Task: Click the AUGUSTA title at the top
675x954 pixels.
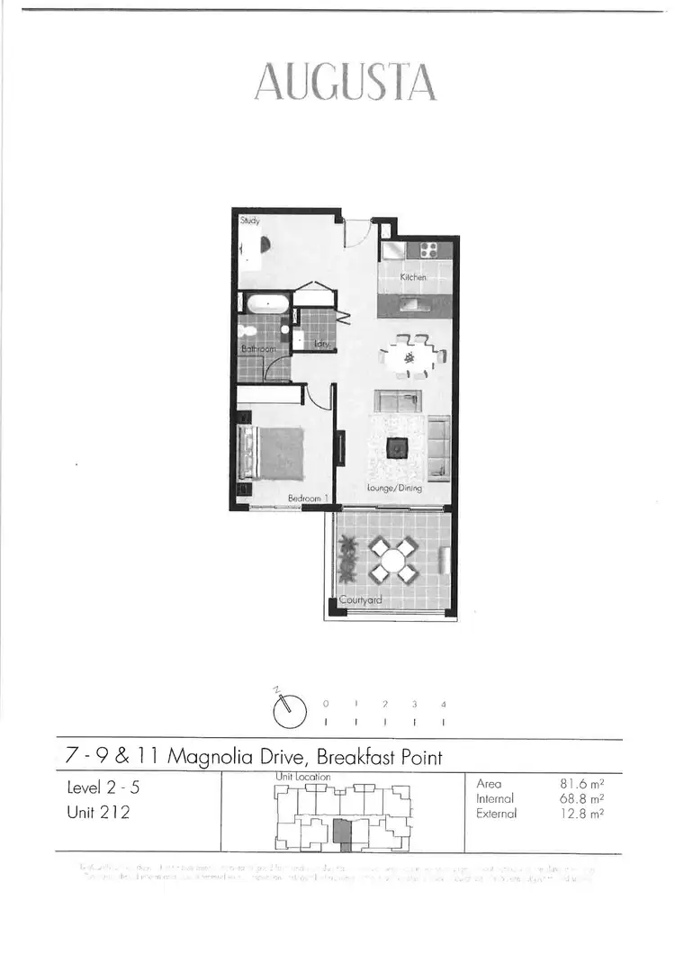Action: tap(346, 83)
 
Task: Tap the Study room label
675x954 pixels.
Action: tap(249, 220)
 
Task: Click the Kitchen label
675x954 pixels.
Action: tap(413, 277)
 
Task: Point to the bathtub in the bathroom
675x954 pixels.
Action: tap(265, 303)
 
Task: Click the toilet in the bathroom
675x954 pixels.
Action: tap(283, 333)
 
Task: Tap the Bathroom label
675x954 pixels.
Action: tap(257, 348)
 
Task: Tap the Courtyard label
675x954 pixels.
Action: tap(360, 600)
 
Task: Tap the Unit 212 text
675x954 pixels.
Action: tap(98, 814)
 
